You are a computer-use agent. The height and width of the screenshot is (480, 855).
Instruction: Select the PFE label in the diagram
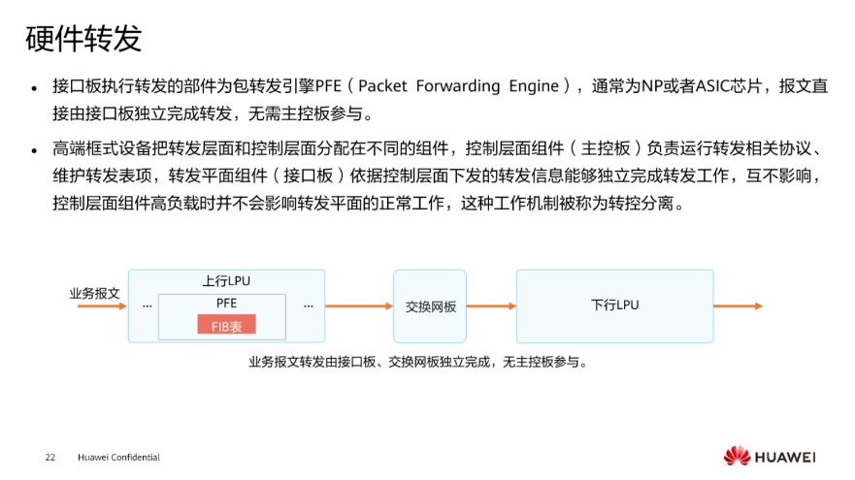click(226, 304)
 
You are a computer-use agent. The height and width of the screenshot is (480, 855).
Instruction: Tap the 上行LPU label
click(226, 281)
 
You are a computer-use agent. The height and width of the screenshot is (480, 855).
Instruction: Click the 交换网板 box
click(430, 306)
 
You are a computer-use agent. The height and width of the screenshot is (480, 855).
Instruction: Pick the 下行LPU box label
click(614, 305)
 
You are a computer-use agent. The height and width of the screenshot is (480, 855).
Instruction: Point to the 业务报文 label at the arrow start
click(94, 293)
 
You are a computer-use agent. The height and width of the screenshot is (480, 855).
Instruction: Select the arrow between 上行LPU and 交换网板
click(358, 306)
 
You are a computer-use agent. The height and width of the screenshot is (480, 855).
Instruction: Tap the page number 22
click(50, 457)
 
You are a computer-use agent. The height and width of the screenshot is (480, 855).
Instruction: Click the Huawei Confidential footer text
click(118, 457)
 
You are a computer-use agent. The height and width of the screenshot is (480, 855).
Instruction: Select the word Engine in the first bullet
click(533, 86)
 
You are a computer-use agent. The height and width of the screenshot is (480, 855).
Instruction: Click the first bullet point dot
click(36, 87)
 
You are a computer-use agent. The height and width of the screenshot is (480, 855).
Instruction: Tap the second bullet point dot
click(36, 150)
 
